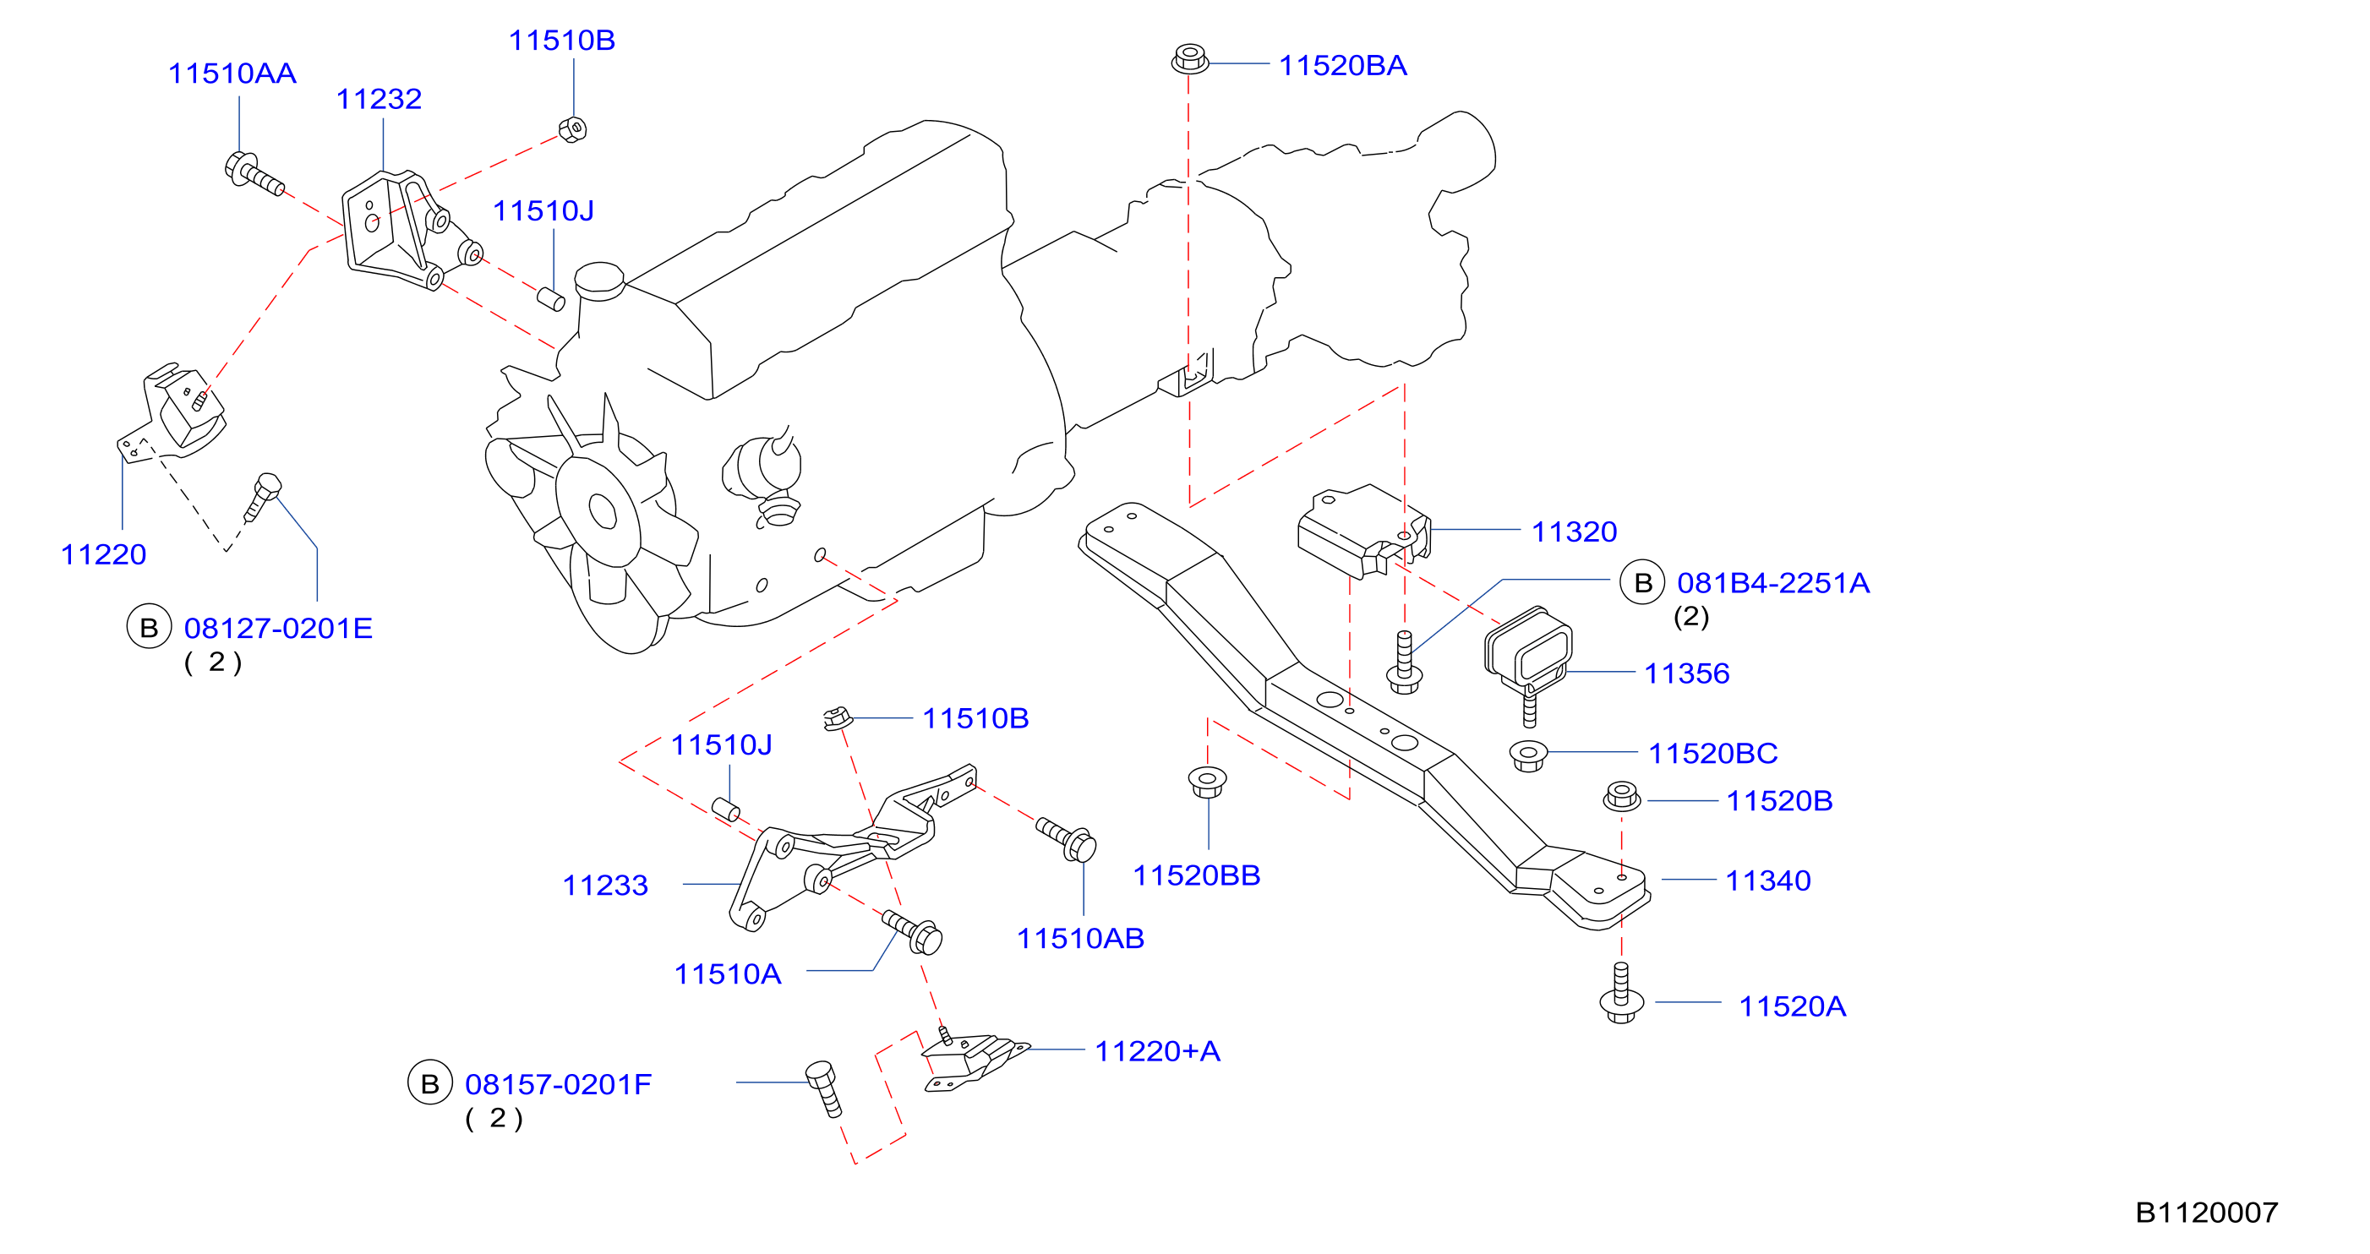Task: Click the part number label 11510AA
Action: coord(232,74)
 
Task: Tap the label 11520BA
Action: coord(1342,65)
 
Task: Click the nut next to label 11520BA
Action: coord(1189,59)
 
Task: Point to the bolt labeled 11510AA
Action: coord(254,173)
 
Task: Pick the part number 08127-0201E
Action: coord(278,629)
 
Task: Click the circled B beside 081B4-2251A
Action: coord(1642,582)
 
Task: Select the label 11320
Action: coord(1574,532)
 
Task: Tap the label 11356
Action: coord(1686,673)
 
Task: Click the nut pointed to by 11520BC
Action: coord(1528,755)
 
